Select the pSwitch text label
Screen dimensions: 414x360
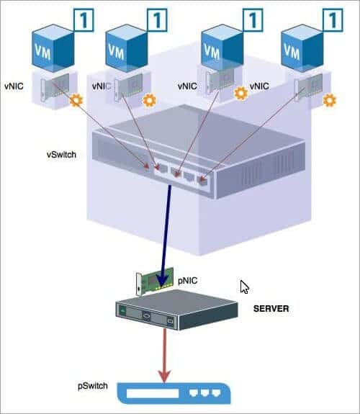[x=93, y=386]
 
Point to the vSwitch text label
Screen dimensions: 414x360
[x=62, y=154]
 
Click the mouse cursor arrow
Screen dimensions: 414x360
[x=244, y=287]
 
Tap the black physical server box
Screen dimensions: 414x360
[x=176, y=314]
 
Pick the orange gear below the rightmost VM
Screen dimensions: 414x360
[x=330, y=100]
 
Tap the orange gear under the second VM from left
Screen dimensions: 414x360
[x=149, y=100]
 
